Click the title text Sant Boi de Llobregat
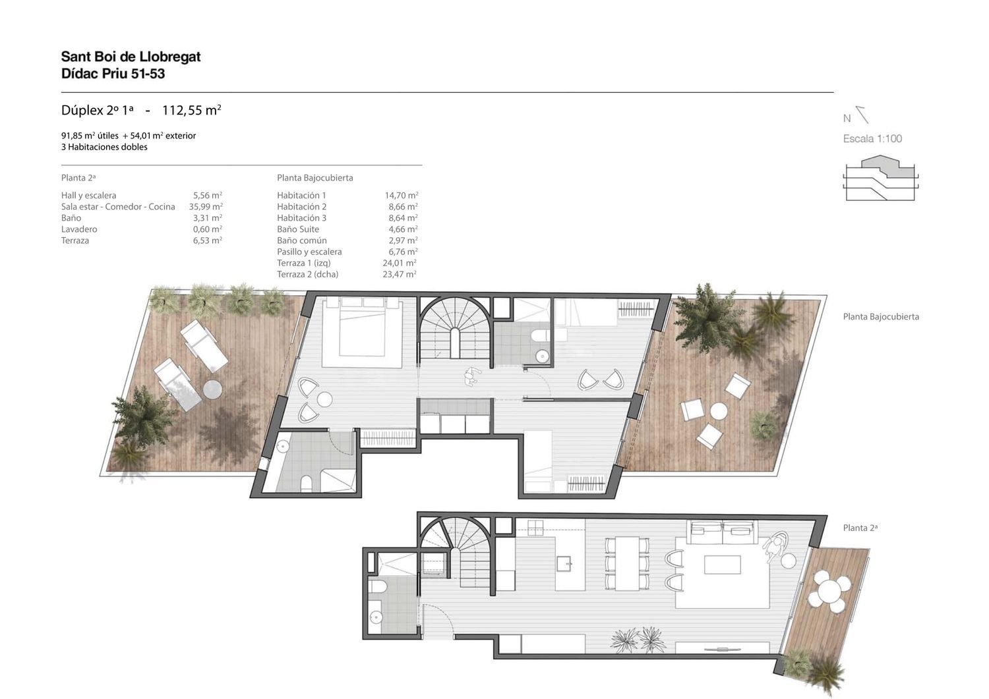pos(131,57)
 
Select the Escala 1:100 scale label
pos(872,138)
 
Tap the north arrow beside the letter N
pos(862,115)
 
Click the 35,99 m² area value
pos(206,206)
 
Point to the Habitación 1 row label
pos(301,195)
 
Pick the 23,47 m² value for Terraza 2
pos(400,274)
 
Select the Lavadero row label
pos(79,229)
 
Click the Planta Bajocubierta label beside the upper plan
pos(881,316)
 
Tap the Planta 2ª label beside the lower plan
pos(860,528)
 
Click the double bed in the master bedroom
pos(362,332)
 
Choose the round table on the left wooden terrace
pos(212,389)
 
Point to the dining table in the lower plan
pos(627,563)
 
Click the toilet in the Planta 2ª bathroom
pos(378,586)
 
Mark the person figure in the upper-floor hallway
pos(471,377)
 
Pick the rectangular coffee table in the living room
pos(723,565)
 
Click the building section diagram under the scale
pos(881,178)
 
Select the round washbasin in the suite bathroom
pos(283,447)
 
